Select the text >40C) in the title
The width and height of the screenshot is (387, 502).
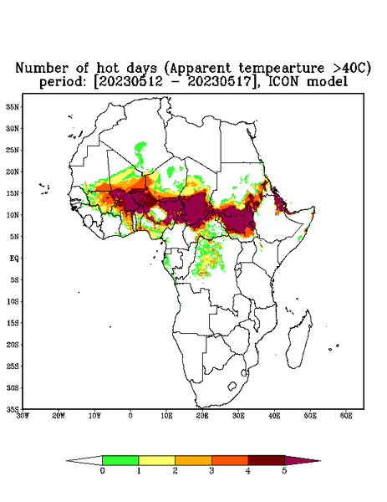point(348,69)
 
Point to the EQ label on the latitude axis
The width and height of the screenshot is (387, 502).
point(14,258)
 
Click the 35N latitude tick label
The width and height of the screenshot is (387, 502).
point(13,106)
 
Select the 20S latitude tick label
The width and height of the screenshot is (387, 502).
point(13,345)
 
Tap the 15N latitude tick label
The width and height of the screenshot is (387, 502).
point(13,193)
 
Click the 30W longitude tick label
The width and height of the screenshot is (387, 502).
point(23,416)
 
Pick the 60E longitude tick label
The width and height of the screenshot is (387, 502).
point(346,416)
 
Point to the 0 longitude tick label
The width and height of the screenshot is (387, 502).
point(130,416)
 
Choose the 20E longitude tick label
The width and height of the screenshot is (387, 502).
point(202,416)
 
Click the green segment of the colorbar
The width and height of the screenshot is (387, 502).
point(120,460)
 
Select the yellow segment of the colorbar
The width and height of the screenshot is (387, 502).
point(156,460)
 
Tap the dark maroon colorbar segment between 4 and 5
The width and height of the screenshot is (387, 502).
point(267,460)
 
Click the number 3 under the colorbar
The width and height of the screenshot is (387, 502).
point(211,471)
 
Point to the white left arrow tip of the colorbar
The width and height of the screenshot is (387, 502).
point(66,461)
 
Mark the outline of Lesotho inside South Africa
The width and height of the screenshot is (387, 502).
point(232,386)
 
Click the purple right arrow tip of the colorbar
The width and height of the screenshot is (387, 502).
point(320,461)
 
